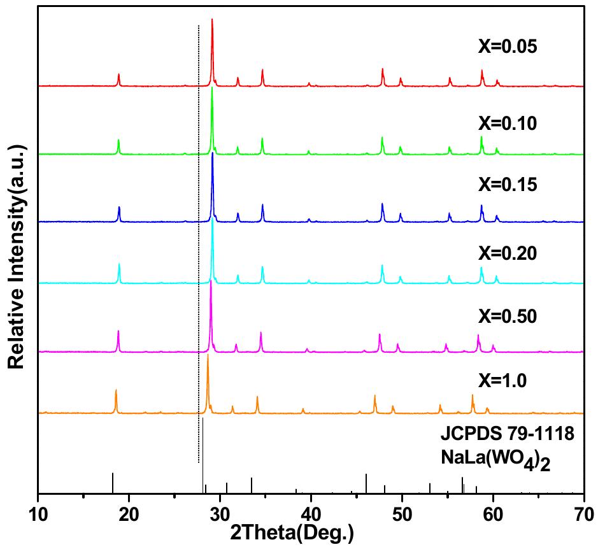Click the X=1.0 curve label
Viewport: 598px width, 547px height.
[504, 381]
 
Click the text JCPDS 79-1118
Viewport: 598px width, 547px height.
[508, 436]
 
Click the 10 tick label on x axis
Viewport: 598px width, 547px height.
[38, 513]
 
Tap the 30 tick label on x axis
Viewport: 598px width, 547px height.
[220, 513]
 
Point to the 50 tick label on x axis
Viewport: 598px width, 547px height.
[402, 513]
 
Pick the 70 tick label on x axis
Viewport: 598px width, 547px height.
[583, 513]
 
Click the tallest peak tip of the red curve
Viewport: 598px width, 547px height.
[212, 20]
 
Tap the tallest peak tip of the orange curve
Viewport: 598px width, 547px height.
[208, 356]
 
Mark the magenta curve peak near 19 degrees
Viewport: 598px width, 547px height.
[118, 332]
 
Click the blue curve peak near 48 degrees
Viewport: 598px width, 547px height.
[382, 204]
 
